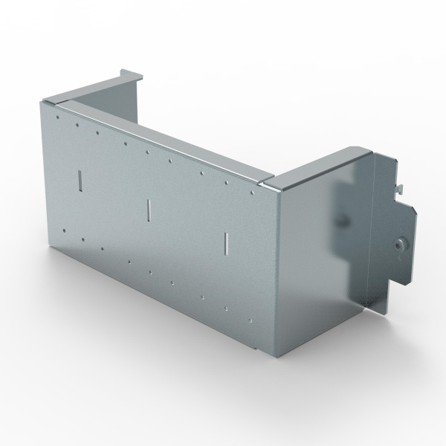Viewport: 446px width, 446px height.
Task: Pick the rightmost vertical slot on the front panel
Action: (x=225, y=242)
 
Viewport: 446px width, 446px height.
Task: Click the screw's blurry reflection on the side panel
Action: (x=343, y=221)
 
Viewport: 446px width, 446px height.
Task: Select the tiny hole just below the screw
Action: (x=395, y=261)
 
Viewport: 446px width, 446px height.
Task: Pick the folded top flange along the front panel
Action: (x=164, y=138)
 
